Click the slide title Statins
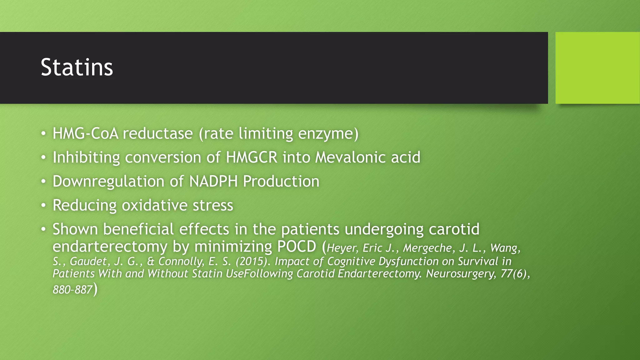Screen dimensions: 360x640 [77, 67]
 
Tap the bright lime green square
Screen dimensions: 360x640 [597, 68]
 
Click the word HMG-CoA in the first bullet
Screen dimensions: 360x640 [85, 134]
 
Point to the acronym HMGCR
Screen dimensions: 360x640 [252, 157]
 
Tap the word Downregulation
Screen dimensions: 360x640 [108, 182]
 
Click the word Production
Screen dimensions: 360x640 [281, 182]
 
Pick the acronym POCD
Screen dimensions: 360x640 [297, 247]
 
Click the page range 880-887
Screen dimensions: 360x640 [72, 290]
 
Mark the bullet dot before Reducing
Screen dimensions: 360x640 [44, 205]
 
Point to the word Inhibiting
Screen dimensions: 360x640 [86, 157]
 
